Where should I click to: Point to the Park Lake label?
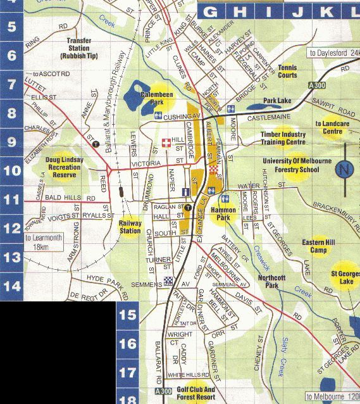(x=277, y=101)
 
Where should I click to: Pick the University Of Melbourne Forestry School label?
(x=296, y=165)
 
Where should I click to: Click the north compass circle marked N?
(x=344, y=170)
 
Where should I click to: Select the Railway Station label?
(x=130, y=227)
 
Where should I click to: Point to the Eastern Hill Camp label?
(x=318, y=246)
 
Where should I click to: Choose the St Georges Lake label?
(x=344, y=277)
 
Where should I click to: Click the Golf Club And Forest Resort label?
(x=196, y=393)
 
